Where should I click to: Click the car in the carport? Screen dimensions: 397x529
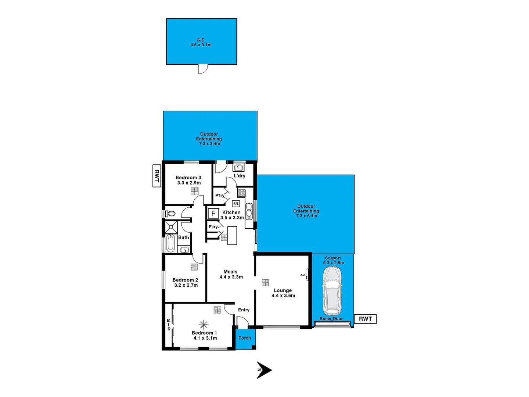332,289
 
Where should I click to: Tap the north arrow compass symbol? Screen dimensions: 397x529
264,370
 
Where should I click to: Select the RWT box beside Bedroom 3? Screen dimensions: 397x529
157,176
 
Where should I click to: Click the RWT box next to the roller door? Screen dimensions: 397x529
365,319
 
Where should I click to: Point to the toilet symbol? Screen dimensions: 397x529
170,214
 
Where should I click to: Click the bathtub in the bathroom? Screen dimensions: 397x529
170,243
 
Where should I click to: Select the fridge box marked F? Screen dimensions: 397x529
213,214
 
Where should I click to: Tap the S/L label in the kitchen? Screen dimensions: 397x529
236,203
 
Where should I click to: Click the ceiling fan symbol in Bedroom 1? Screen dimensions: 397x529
204,325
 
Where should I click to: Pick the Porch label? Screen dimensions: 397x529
245,338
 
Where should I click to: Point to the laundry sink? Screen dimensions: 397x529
238,168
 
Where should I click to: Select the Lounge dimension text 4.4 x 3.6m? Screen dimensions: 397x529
283,296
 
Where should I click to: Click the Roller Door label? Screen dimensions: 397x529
331,319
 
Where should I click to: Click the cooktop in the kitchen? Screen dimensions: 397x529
241,193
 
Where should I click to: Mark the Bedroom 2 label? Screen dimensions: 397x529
185,280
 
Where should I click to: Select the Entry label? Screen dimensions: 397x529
244,310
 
